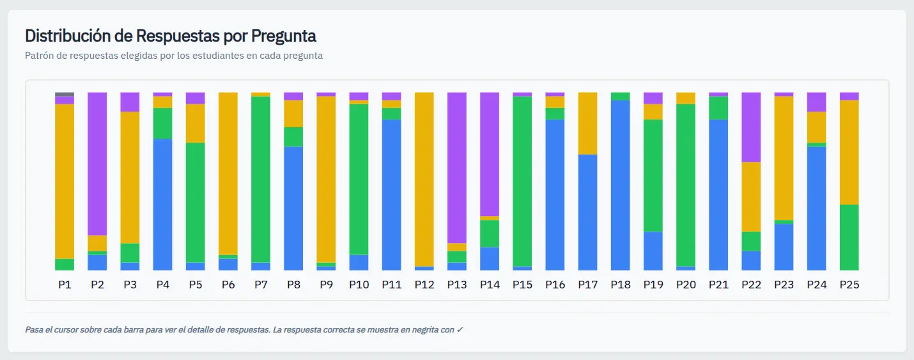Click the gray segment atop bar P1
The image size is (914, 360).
click(x=65, y=94)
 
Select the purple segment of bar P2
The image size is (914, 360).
click(x=97, y=164)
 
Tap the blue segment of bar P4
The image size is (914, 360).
click(x=163, y=205)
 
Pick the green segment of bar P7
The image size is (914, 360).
click(x=261, y=179)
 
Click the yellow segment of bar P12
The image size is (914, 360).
click(x=424, y=179)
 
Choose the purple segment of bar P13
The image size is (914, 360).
click(x=457, y=168)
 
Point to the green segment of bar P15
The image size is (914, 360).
click(x=522, y=181)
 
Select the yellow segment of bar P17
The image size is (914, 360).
click(x=588, y=123)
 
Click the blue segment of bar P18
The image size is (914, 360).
click(x=621, y=185)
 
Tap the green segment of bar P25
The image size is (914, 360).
click(x=849, y=237)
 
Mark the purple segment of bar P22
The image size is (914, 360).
click(x=751, y=127)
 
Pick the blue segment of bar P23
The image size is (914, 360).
click(x=784, y=247)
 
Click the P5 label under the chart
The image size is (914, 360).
click(x=196, y=285)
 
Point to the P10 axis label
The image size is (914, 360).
click(x=359, y=285)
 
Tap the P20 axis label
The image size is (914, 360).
click(x=686, y=285)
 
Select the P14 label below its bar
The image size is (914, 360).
click(x=490, y=285)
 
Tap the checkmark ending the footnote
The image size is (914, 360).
click(x=460, y=330)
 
